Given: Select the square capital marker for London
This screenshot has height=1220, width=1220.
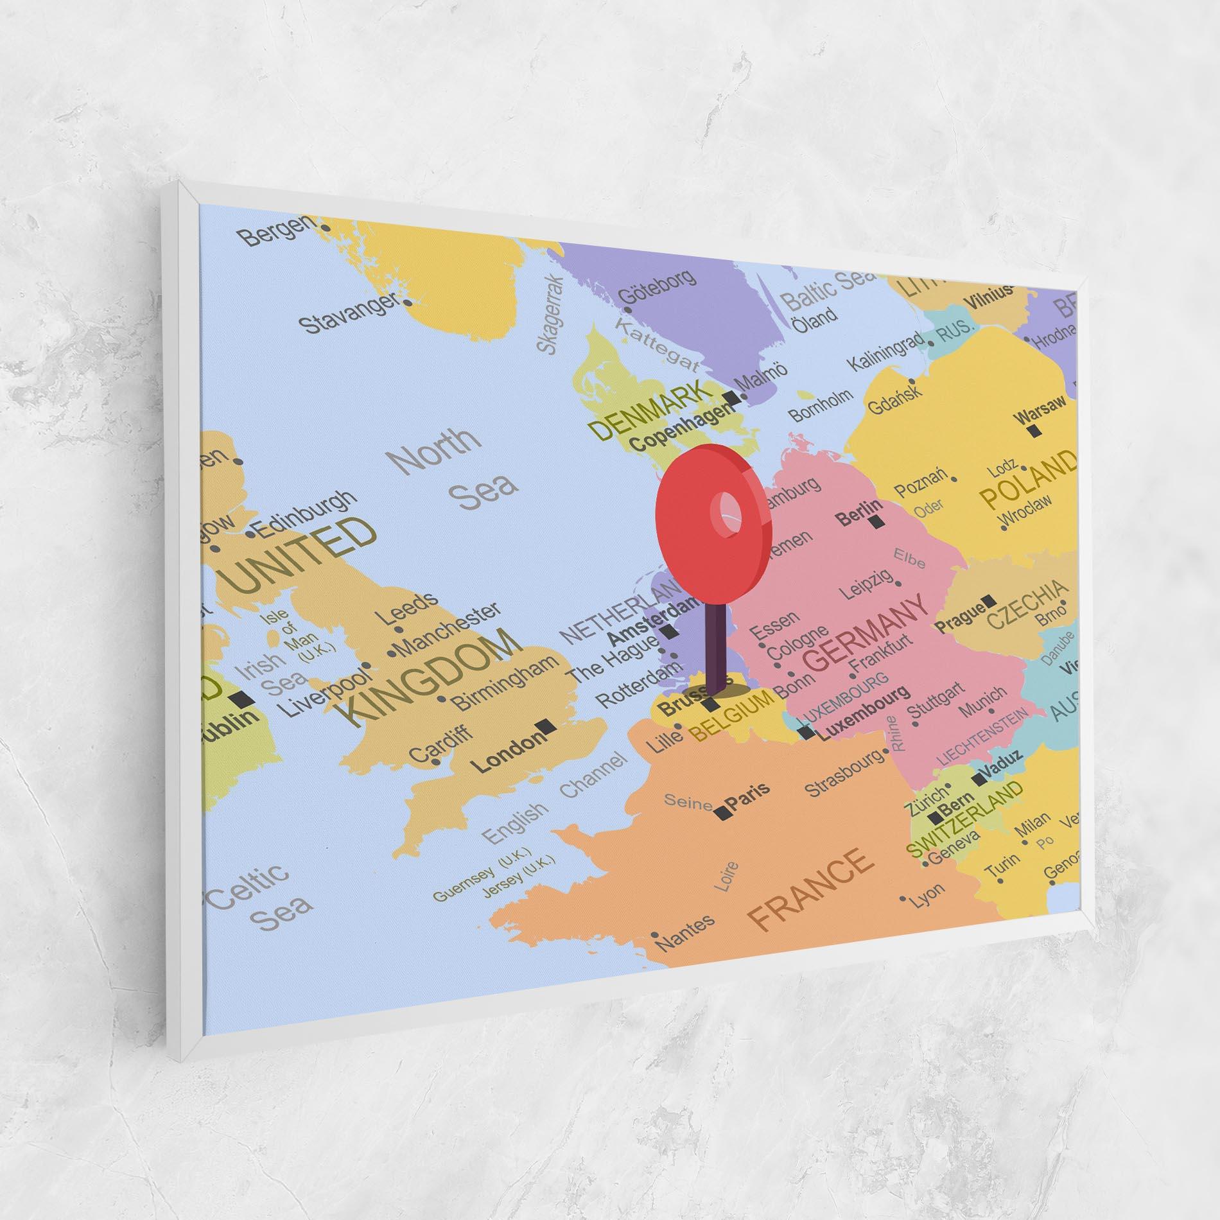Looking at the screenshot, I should (x=547, y=726).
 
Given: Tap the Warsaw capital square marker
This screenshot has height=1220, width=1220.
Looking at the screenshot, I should (x=1033, y=431).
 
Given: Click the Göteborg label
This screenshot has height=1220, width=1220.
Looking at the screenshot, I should (x=656, y=289).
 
